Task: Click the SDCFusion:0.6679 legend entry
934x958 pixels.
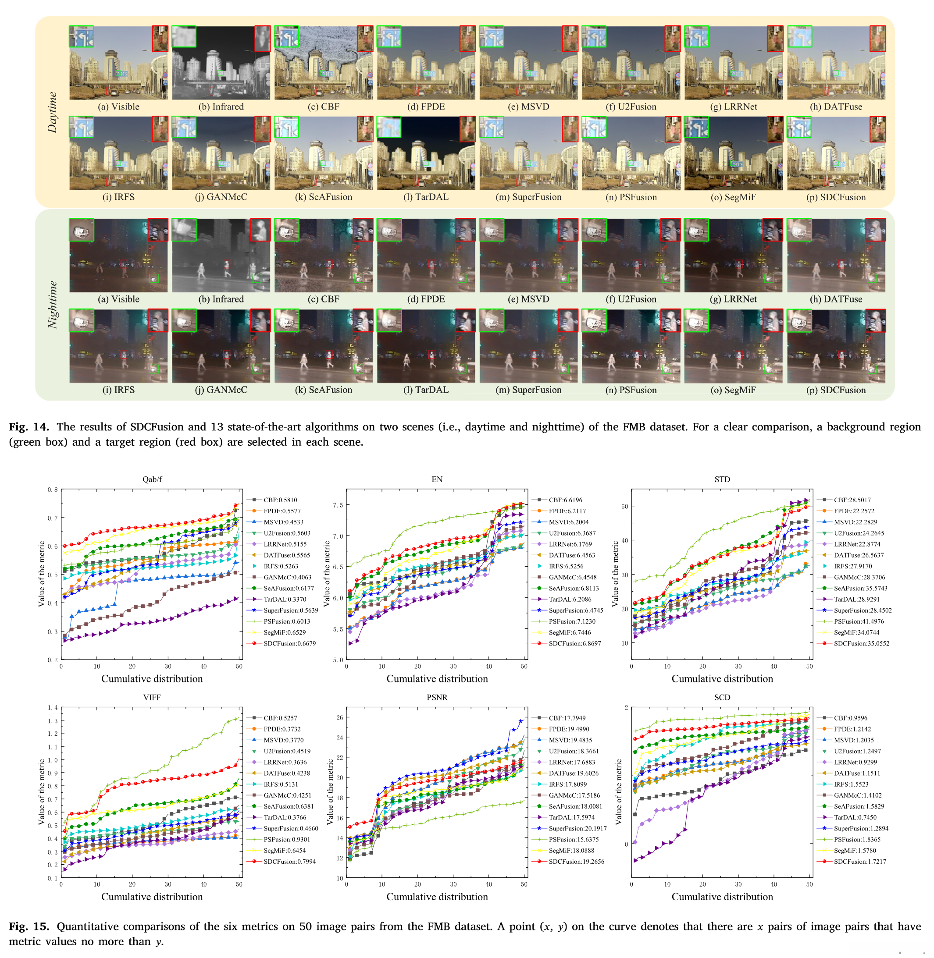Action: click(289, 643)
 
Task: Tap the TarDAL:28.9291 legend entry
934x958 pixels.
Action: click(856, 599)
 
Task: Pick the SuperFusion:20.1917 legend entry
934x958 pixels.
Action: click(578, 828)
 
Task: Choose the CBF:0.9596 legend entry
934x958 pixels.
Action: click(850, 718)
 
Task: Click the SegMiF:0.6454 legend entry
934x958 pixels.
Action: click(285, 850)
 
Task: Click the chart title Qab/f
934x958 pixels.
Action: click(152, 479)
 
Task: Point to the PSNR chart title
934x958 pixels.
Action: click(437, 697)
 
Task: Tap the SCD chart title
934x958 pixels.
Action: click(722, 697)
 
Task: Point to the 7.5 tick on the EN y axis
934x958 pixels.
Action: click(338, 505)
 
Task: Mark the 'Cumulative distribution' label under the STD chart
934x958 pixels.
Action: click(722, 678)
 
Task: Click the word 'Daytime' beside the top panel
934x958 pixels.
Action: click(52, 112)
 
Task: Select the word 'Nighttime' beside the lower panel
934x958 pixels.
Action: click(52, 305)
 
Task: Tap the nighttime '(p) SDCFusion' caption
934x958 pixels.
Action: click(836, 390)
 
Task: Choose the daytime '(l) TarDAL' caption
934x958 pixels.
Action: click(426, 197)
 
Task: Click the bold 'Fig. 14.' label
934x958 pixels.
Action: click(29, 426)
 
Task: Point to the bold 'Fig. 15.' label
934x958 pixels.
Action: click(29, 926)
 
